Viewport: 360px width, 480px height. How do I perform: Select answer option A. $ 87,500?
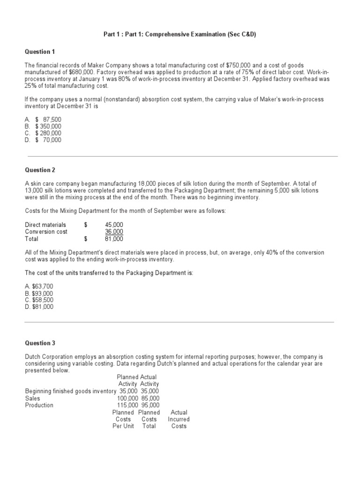(x=43, y=120)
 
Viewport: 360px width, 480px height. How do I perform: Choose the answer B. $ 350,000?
(x=43, y=127)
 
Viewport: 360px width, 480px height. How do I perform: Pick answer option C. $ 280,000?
(x=43, y=133)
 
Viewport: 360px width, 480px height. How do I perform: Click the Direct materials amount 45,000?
(x=114, y=225)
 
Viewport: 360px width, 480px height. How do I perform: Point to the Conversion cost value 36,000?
(x=114, y=232)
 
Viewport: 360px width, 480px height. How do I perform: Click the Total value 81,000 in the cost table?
(x=114, y=239)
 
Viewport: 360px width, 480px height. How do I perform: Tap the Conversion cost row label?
(x=46, y=232)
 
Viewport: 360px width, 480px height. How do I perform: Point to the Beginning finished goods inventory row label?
(x=70, y=391)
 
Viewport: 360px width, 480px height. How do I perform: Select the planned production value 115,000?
(x=127, y=405)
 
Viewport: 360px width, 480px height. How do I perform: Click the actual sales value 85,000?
(x=150, y=398)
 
